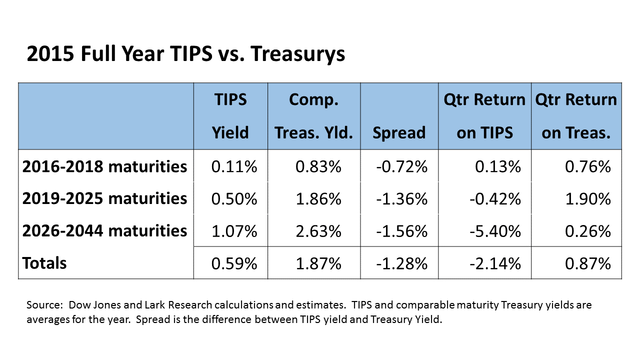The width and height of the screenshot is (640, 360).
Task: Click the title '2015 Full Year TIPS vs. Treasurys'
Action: tap(185, 54)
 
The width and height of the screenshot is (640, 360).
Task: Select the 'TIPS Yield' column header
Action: tap(230, 116)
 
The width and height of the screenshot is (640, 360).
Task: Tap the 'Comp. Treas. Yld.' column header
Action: tap(313, 116)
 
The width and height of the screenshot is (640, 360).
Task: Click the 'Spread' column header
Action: tap(399, 132)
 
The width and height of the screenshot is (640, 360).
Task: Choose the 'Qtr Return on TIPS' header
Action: tap(484, 116)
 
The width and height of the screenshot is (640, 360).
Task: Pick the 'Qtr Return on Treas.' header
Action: tap(576, 116)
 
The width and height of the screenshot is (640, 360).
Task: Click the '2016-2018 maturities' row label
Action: tap(104, 166)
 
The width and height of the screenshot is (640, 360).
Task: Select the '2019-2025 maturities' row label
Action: tap(104, 198)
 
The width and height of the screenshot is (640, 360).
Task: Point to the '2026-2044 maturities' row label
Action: tap(104, 230)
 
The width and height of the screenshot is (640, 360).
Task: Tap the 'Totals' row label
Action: tap(44, 263)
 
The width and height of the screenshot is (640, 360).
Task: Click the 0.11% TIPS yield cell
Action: tap(234, 166)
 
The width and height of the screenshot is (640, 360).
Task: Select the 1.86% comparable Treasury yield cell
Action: tap(318, 199)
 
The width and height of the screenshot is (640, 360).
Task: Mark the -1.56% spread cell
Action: tap(401, 231)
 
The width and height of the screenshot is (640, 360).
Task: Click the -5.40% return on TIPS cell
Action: tap(495, 231)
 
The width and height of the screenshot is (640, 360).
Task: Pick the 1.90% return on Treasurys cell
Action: tap(588, 199)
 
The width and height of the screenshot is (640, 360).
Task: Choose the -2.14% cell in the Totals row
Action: tap(495, 263)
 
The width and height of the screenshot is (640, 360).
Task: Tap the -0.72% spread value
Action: tap(401, 166)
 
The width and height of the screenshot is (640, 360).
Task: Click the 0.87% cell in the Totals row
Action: tap(588, 263)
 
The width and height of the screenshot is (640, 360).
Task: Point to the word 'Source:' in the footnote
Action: tap(44, 305)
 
